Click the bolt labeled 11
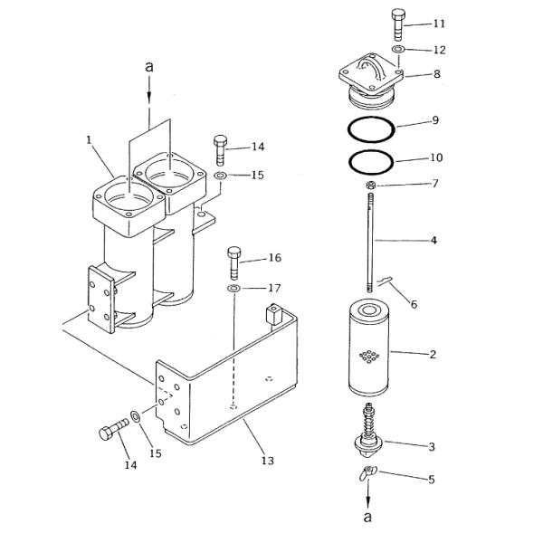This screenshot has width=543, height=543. click(x=398, y=24)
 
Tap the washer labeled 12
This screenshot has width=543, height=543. click(x=398, y=49)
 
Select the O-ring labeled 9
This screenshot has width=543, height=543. click(x=371, y=129)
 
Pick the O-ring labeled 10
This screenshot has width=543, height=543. click(x=371, y=162)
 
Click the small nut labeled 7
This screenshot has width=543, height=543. click(x=371, y=186)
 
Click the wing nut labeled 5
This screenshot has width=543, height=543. click(x=367, y=473)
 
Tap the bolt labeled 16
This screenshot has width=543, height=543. click(x=234, y=262)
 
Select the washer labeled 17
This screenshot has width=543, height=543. click(x=234, y=289)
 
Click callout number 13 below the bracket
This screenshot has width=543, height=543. click(x=268, y=461)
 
